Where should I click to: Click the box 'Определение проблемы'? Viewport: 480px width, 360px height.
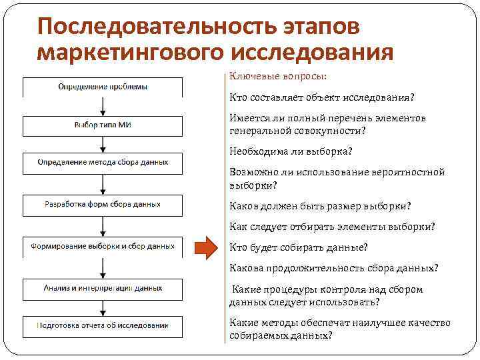[102, 87]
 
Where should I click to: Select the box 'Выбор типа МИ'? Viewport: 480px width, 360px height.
[102, 126]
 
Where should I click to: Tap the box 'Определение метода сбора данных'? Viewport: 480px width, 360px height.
[102, 163]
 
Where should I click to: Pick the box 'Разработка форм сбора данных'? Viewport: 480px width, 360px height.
[102, 205]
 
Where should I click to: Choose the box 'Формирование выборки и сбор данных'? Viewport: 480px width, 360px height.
[102, 247]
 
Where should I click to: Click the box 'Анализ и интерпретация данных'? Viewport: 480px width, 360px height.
[102, 289]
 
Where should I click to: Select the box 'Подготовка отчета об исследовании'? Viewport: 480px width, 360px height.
[102, 326]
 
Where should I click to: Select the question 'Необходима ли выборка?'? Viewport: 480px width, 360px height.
[291, 151]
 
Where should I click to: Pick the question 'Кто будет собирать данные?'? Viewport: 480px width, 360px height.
[298, 247]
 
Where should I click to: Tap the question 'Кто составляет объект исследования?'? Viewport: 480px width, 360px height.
[321, 97]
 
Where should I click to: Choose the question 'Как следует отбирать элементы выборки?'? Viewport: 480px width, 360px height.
[332, 226]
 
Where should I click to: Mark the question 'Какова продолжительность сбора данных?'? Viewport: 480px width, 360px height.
[333, 268]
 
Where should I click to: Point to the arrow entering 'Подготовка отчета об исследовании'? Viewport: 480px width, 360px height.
[102, 308]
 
